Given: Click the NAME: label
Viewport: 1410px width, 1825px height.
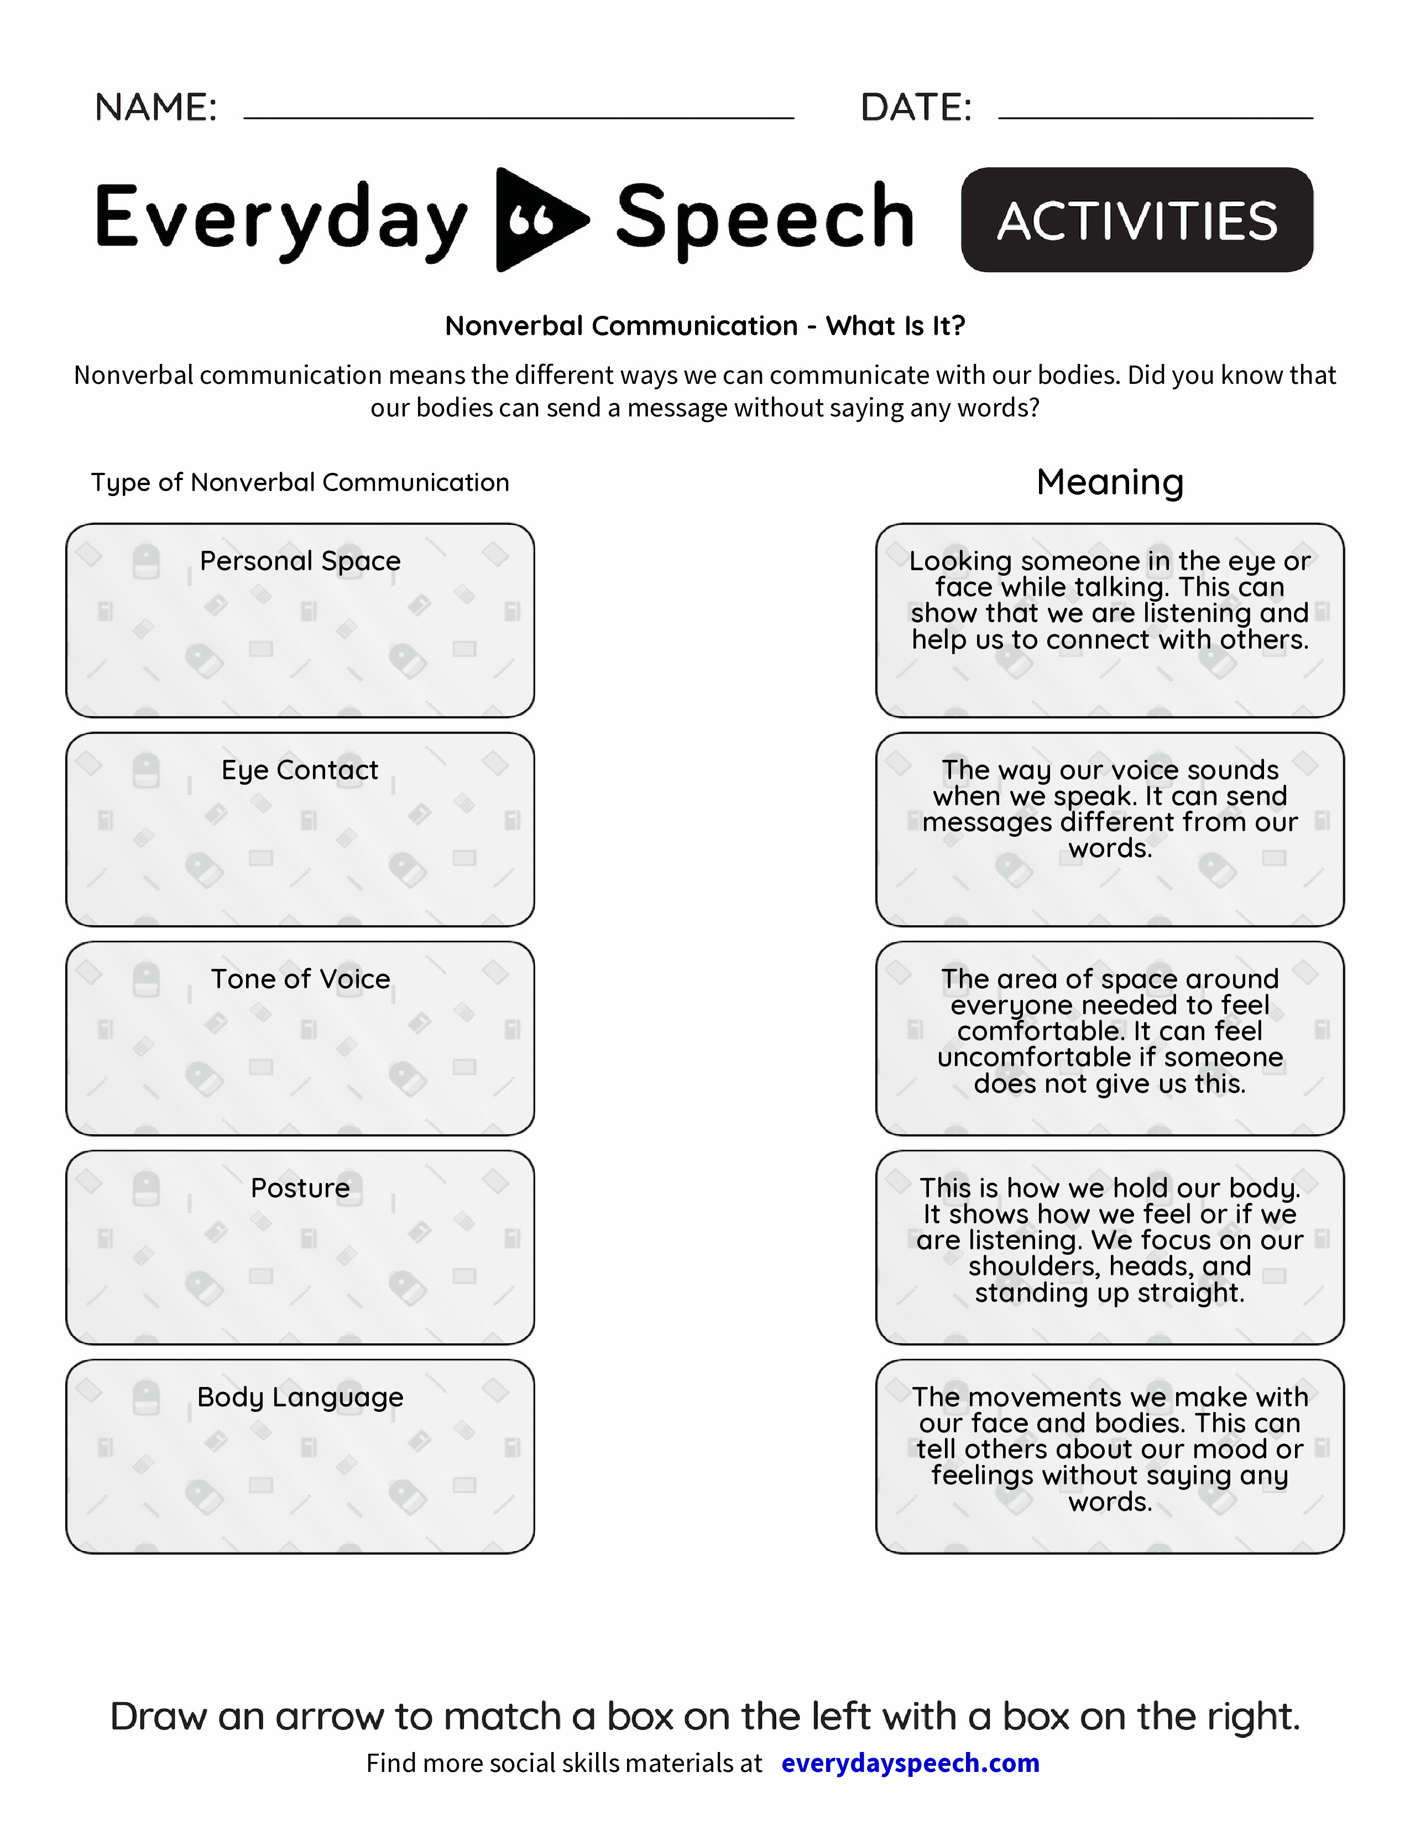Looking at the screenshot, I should click(156, 107).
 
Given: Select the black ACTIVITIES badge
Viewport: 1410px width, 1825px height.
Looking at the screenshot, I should click(1137, 220).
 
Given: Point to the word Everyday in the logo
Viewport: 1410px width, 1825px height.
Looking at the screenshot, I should click(281, 219).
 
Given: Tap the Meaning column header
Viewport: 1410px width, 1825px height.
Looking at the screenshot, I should click(1109, 482).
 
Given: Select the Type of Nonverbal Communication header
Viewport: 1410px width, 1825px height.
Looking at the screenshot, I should click(300, 482).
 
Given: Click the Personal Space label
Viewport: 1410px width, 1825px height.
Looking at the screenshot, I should click(300, 561).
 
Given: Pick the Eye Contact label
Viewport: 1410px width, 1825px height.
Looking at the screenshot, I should click(300, 770).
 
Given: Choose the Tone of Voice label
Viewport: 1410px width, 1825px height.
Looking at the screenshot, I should click(300, 978).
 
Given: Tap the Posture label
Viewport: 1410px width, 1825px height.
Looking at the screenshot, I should click(300, 1187).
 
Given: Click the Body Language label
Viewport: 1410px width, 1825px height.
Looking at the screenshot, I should click(300, 1396).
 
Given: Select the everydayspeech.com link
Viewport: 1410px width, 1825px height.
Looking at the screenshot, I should click(911, 1763).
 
